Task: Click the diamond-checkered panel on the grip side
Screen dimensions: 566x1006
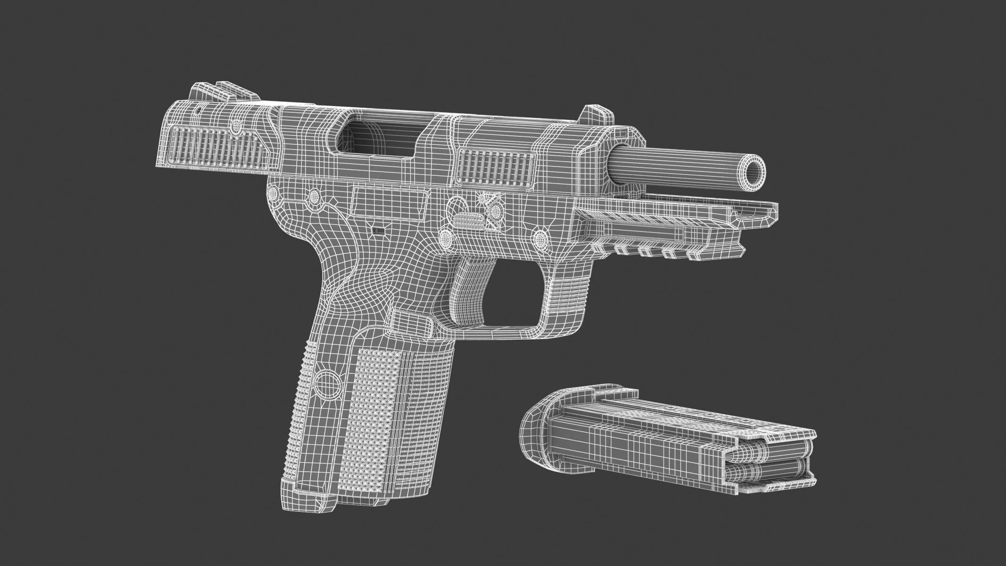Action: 375,424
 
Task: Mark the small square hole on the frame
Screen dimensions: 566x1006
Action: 378,230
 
